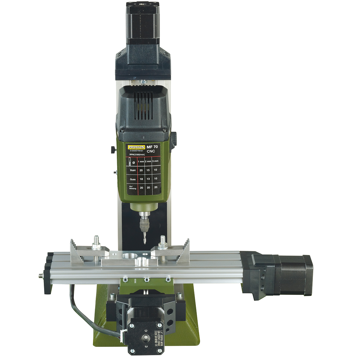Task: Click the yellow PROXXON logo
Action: tap(136, 147)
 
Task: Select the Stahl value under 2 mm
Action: tap(148, 170)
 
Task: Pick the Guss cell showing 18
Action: tap(141, 179)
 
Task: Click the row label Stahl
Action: tap(132, 170)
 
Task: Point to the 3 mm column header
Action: tap(155, 162)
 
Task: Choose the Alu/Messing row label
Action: tap(132, 187)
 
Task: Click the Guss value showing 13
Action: tap(148, 179)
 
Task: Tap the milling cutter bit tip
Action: tap(145, 242)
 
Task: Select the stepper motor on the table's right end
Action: tap(295, 274)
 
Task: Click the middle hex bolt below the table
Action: tap(147, 280)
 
